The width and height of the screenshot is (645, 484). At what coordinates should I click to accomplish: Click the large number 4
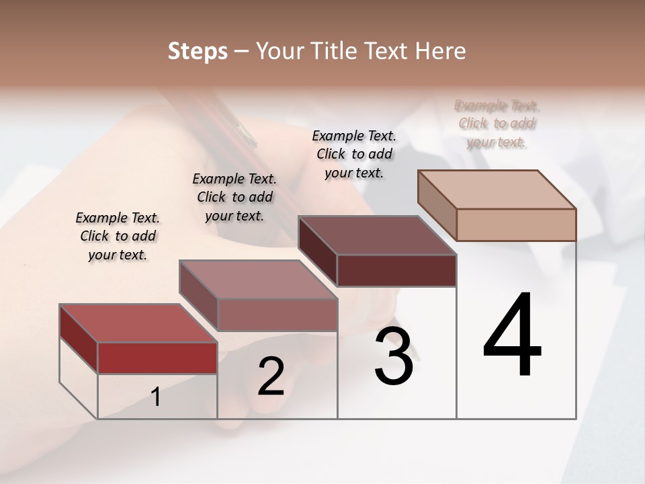pos(512,335)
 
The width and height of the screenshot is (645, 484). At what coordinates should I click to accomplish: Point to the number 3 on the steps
pos(393,356)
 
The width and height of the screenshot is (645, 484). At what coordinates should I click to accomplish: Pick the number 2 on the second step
pos(271,376)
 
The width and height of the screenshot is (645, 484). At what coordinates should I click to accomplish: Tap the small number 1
pos(156,397)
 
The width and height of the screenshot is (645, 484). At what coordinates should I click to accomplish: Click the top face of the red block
pos(138,323)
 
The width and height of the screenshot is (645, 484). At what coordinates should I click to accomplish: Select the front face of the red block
pos(157,358)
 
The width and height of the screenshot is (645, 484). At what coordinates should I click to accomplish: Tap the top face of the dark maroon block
pos(377,235)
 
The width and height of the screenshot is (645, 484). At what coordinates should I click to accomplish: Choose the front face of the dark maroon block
pos(396,270)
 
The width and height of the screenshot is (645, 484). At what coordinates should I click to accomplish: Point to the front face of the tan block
pos(516,225)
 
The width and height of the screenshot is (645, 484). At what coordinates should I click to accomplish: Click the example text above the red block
pos(118,236)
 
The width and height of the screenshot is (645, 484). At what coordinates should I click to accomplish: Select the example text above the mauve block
pos(234,197)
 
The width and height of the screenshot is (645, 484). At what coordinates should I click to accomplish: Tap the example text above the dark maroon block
pos(354,154)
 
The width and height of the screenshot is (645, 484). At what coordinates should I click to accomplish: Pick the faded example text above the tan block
pos(497,124)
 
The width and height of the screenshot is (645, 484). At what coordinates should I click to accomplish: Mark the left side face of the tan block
pos(437,205)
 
